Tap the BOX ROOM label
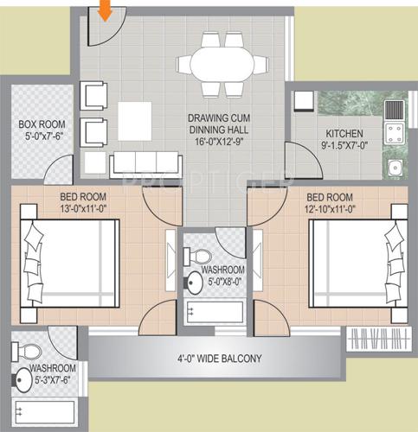(39, 124)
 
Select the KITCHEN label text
(344, 134)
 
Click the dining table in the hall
(223, 64)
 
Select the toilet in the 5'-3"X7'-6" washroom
(30, 351)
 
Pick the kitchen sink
(396, 169)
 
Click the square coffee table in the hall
(135, 118)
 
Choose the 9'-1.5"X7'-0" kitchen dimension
(344, 146)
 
